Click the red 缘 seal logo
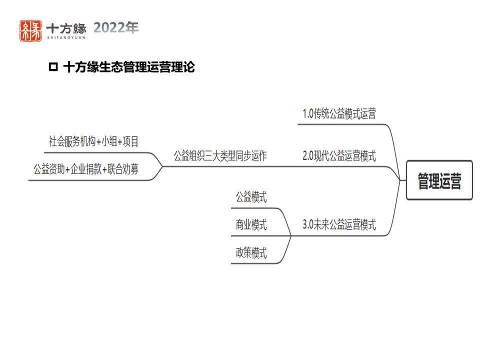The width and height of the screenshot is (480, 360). (x=30, y=30)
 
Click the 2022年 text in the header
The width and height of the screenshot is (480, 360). (x=115, y=28)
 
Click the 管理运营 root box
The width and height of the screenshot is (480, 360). (x=439, y=180)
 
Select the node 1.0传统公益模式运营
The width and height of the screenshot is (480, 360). (x=339, y=114)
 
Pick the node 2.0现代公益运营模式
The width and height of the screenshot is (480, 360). (x=339, y=156)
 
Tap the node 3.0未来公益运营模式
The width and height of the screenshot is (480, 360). (x=339, y=225)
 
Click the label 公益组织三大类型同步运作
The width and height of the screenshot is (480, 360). (x=220, y=156)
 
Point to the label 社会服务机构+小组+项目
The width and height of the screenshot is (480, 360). (x=93, y=141)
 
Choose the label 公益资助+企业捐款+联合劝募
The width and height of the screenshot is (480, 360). (x=86, y=169)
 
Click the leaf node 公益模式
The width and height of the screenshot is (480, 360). (x=251, y=197)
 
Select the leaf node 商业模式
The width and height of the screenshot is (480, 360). (x=251, y=225)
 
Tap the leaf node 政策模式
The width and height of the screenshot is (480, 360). (x=251, y=253)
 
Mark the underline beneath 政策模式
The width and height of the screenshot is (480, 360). (x=255, y=263)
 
